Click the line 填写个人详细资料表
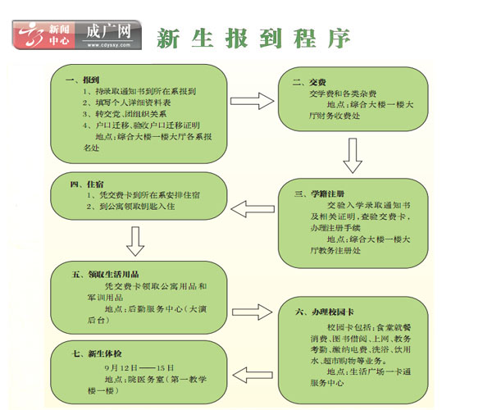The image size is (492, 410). coord(130,103)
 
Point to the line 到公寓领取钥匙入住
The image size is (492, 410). coord(132,209)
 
